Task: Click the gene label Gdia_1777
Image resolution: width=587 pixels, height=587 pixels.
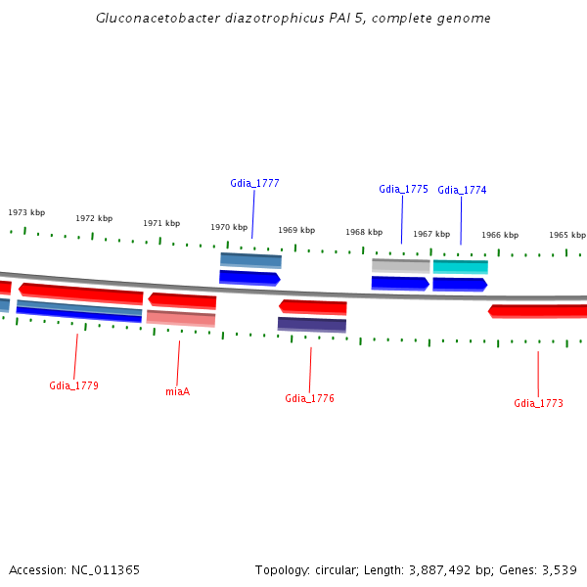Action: click(x=254, y=183)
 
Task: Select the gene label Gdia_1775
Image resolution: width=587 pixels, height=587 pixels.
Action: click(x=403, y=189)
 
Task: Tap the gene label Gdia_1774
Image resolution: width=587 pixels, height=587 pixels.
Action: click(x=462, y=190)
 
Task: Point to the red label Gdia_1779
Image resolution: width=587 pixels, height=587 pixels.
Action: click(x=73, y=385)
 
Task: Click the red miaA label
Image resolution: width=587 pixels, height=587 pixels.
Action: click(x=177, y=391)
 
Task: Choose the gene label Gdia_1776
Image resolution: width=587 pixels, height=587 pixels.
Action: click(x=309, y=398)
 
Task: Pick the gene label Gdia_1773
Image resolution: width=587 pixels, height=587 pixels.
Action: click(x=538, y=403)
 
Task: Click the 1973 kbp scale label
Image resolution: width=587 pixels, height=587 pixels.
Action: click(x=26, y=212)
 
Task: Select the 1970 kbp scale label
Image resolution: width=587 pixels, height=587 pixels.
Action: click(x=229, y=227)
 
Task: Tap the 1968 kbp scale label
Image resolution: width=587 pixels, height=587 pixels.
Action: click(x=363, y=232)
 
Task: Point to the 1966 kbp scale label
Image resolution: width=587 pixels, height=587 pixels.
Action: click(x=499, y=235)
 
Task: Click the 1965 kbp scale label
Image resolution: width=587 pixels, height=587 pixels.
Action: click(x=566, y=235)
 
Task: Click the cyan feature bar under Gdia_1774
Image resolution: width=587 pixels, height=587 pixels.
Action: click(x=460, y=266)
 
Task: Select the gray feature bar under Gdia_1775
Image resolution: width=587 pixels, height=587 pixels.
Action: click(x=400, y=265)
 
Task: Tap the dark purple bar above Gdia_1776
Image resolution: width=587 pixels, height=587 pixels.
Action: click(x=311, y=324)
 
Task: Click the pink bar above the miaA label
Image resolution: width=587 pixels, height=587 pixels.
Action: click(x=180, y=318)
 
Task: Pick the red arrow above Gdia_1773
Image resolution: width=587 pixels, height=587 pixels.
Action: click(x=538, y=311)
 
